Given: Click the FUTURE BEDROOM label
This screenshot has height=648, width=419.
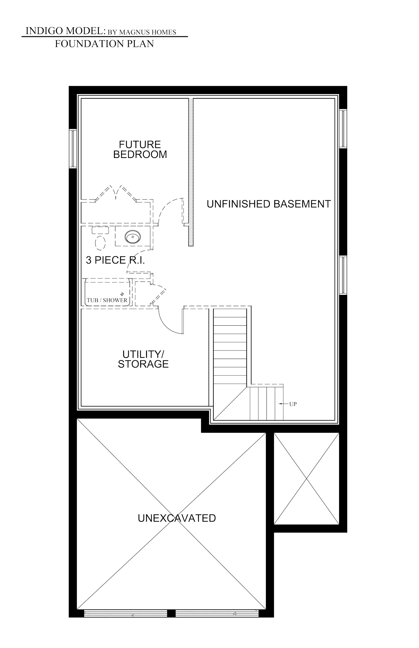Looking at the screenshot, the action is click(140, 150).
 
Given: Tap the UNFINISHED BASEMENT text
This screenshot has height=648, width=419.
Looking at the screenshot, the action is click(269, 204).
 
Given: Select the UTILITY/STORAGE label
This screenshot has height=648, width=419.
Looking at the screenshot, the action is click(143, 359).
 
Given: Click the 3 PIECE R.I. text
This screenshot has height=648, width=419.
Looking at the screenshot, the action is click(115, 260).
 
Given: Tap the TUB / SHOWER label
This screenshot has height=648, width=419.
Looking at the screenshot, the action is click(107, 300).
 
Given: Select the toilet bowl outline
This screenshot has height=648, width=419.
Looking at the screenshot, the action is click(100, 243).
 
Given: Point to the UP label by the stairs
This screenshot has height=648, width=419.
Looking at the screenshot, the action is click(293, 404).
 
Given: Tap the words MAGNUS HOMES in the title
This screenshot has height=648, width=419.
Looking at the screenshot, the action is click(147, 32).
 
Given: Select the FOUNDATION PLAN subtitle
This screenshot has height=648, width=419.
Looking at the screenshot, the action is click(104, 44).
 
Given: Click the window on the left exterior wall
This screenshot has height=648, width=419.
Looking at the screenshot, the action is click(73, 149).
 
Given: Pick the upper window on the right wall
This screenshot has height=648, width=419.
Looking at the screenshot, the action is click(343, 128).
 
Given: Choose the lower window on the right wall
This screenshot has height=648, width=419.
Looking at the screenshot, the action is click(343, 275).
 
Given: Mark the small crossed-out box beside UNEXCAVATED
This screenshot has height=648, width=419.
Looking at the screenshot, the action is click(306, 479).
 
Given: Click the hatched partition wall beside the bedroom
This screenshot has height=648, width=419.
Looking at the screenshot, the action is click(191, 172).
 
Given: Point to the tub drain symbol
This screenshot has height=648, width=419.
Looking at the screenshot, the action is click(122, 294).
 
